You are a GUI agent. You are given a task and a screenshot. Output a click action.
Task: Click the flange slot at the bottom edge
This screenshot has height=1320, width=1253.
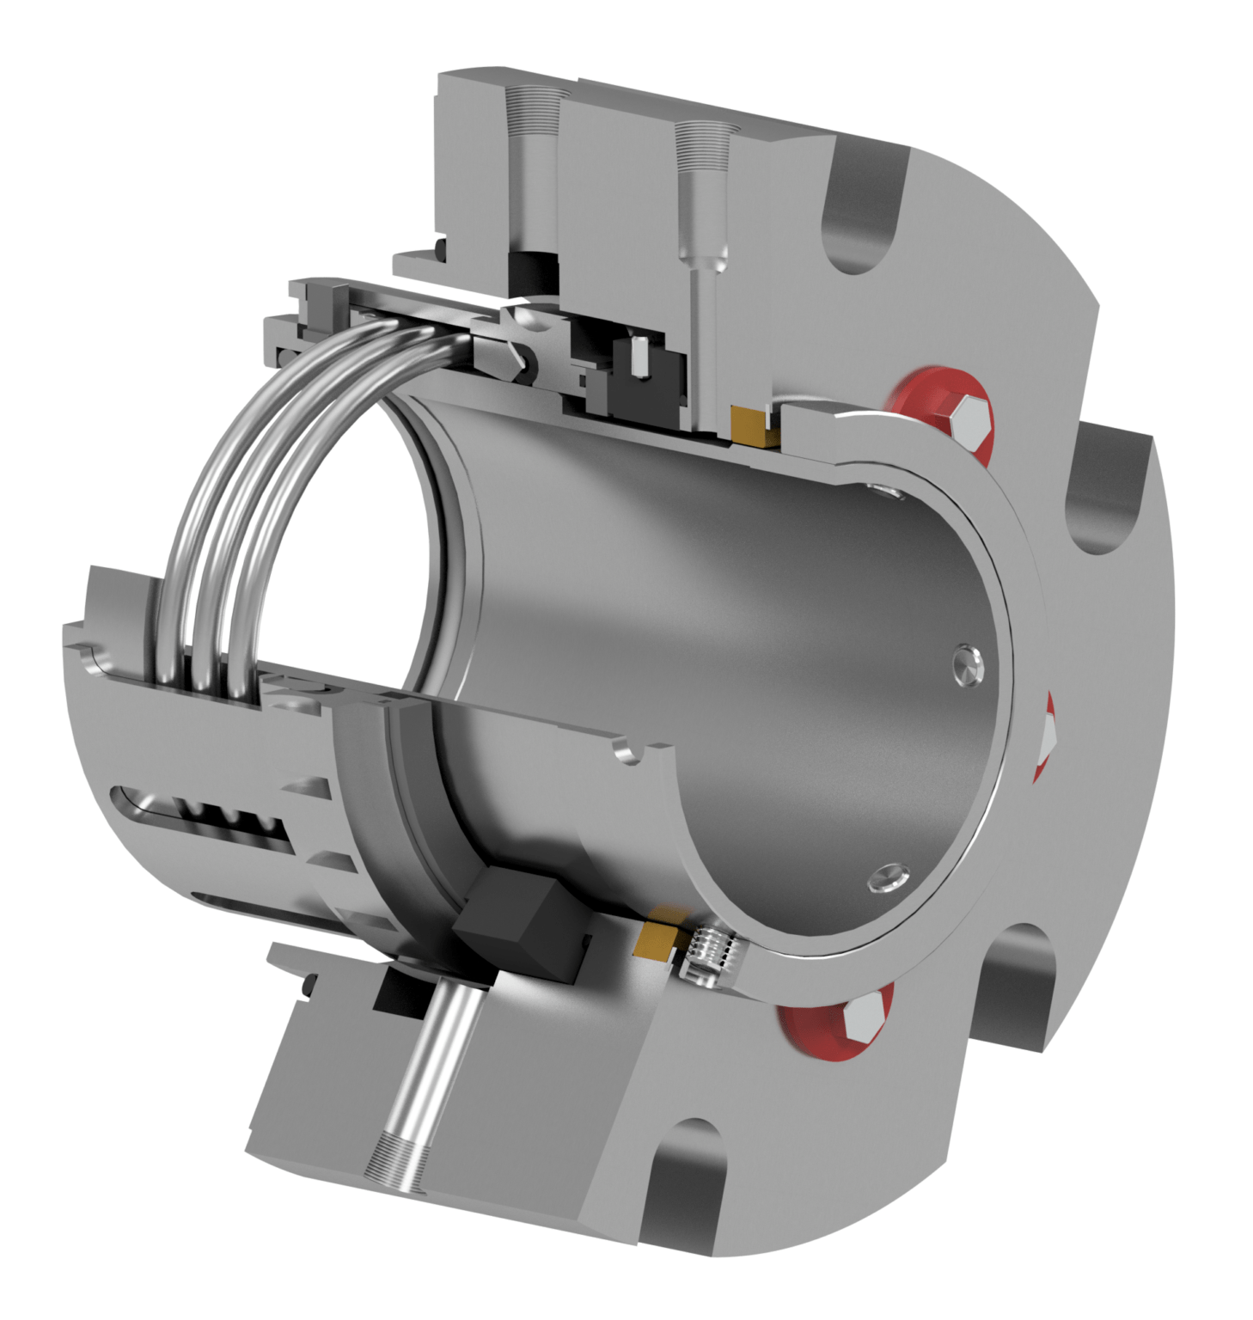pyautogui.click(x=687, y=1195)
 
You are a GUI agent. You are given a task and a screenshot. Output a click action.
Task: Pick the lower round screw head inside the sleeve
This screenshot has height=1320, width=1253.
pyautogui.click(x=887, y=877)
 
